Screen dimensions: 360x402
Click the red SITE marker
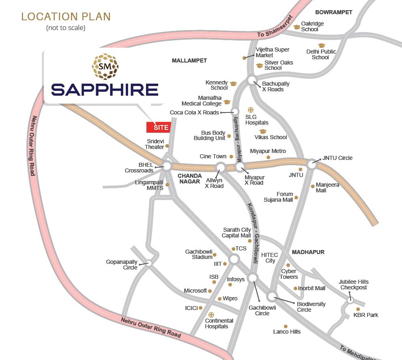[158, 127]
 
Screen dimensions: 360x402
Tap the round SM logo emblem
[105, 66]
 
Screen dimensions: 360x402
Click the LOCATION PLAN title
[66, 17]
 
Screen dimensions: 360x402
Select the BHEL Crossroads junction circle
[167, 165]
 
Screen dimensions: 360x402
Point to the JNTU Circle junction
[312, 164]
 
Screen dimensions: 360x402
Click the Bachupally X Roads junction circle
[252, 80]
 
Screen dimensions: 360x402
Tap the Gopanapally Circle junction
[149, 263]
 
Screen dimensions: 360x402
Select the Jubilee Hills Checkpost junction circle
[350, 300]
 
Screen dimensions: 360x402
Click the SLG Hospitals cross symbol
[251, 110]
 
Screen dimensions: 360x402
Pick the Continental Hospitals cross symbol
[211, 315]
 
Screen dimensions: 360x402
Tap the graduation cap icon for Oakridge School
[297, 27]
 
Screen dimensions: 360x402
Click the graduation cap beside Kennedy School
[233, 84]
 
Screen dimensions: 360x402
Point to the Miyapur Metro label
[268, 151]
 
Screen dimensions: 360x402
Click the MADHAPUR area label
[308, 252]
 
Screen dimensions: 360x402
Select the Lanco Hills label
[287, 332]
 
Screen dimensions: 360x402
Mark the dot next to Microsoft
[210, 291]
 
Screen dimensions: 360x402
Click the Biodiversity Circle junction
[271, 296]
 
